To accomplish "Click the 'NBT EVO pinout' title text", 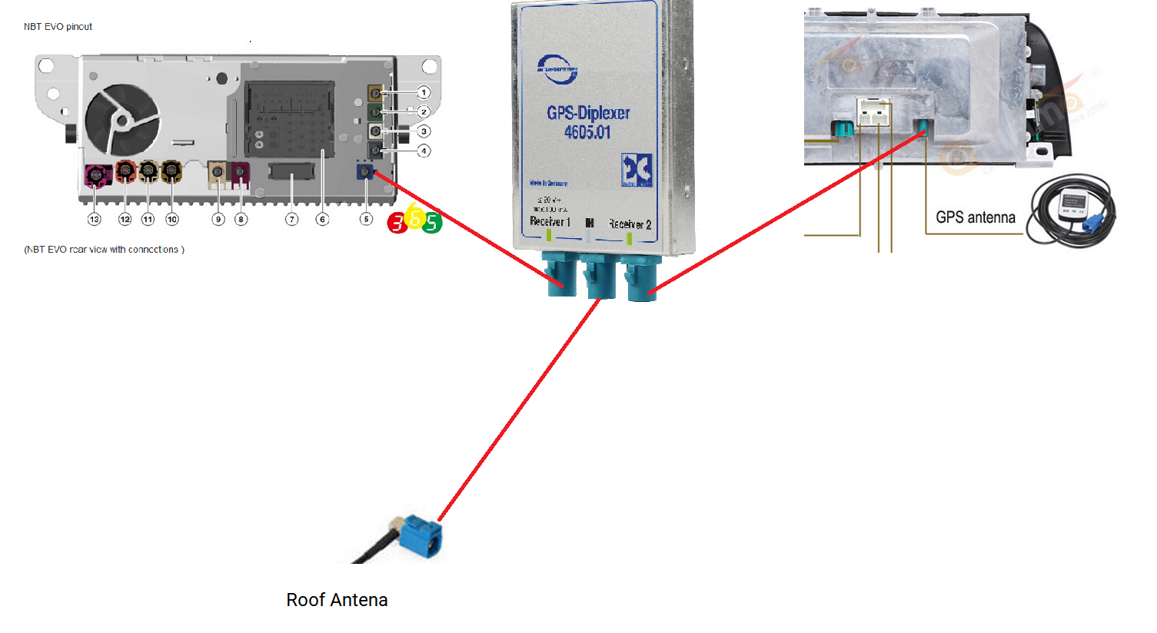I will pos(58,27).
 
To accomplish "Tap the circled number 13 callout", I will pos(94,220).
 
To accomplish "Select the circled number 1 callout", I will pos(424,92).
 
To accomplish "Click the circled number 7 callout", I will pos(291,220).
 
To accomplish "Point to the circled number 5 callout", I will pos(366,220).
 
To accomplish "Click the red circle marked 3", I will pos(397,223).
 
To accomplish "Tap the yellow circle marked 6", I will pos(415,217).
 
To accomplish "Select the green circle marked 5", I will pos(432,223).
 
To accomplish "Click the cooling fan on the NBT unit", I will pos(122,120).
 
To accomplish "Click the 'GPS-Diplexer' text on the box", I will pos(588,113).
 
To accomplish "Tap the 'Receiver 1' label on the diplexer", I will pos(550,222).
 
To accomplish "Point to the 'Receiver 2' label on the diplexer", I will pos(630,224).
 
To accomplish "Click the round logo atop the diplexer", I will pos(557,69).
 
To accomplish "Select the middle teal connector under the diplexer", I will pos(600,277).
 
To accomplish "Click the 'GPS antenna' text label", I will pos(975,217).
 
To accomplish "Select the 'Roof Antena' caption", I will pos(337,600).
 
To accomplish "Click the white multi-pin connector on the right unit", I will pos(873,113).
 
